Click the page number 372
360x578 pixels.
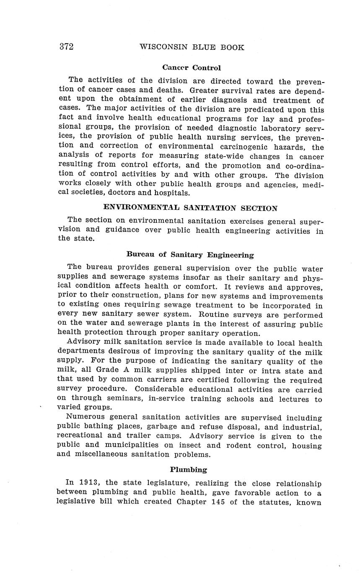[66, 46]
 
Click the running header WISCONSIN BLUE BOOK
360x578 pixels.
[192, 47]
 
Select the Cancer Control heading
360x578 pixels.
[192, 67]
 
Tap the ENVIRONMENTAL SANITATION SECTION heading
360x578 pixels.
[190, 208]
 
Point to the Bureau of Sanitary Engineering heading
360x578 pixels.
[190, 254]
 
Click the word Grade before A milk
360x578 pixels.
[108, 370]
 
